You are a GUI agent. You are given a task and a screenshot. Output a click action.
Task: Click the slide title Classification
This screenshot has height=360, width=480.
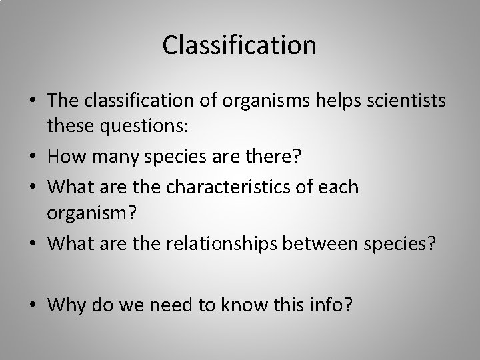click(x=239, y=46)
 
